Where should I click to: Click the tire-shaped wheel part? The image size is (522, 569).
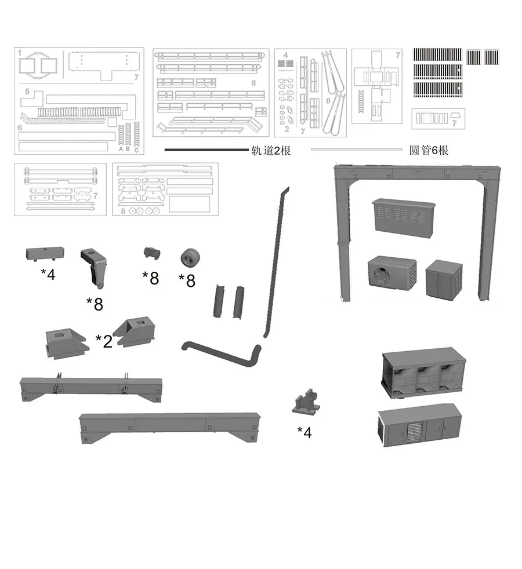(190, 258)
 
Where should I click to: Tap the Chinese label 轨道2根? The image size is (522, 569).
(271, 150)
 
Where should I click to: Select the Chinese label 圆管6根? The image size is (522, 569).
(429, 150)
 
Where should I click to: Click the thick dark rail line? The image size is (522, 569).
(206, 149)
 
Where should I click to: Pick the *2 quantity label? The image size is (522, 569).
(104, 341)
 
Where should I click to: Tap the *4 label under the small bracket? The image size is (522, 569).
(304, 432)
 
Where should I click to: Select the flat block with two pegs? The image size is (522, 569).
(45, 254)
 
